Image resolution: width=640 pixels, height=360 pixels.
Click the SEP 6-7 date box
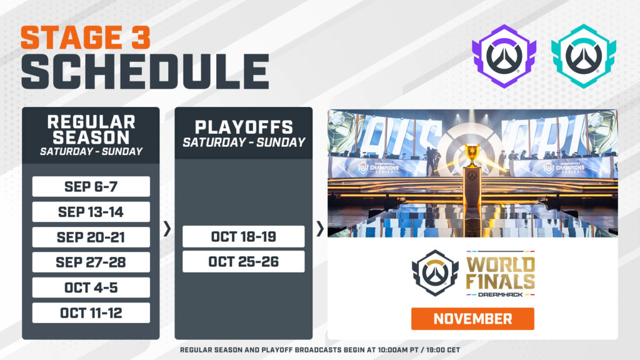[91, 187]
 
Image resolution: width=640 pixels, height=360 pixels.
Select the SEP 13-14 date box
[91, 212]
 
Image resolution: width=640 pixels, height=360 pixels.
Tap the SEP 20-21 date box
[91, 237]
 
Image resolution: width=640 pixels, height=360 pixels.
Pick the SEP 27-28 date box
[91, 262]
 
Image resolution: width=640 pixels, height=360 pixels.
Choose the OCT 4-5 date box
[91, 287]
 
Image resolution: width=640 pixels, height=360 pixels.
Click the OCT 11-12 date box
[91, 312]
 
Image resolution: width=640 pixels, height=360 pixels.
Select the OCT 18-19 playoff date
[243, 237]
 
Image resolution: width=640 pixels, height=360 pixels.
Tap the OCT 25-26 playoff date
[243, 262]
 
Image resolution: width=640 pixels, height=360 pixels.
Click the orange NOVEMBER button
[472, 319]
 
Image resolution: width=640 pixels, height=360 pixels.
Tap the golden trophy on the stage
[472, 156]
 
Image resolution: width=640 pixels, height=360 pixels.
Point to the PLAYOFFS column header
[243, 127]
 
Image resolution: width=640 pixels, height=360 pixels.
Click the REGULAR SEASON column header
[91, 129]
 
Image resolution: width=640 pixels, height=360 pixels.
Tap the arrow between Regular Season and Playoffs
[167, 229]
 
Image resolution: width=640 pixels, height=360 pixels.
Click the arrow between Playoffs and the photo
[320, 229]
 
